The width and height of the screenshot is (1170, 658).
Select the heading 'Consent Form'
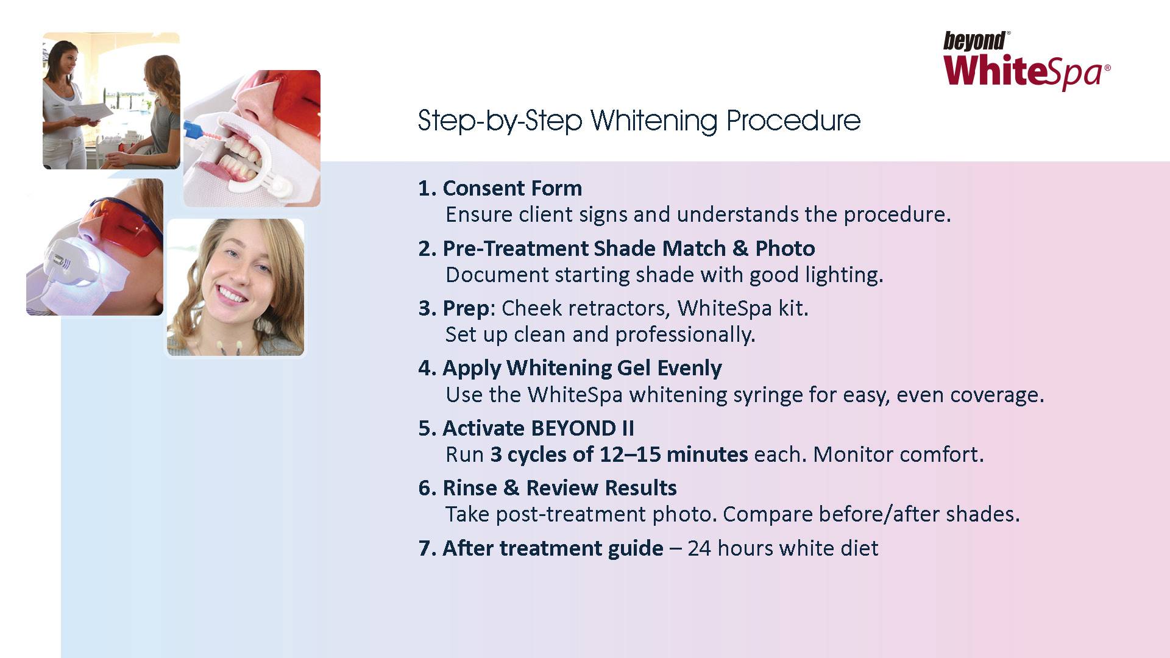(x=512, y=188)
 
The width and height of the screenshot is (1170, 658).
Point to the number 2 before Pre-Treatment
(x=424, y=249)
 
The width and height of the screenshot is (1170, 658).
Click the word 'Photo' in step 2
(x=785, y=249)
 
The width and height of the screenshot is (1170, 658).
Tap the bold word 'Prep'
(x=466, y=309)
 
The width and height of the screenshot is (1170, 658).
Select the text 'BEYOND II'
(x=582, y=428)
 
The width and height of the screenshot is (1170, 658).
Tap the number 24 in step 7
(x=700, y=548)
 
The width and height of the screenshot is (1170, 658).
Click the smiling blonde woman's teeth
(x=231, y=295)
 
